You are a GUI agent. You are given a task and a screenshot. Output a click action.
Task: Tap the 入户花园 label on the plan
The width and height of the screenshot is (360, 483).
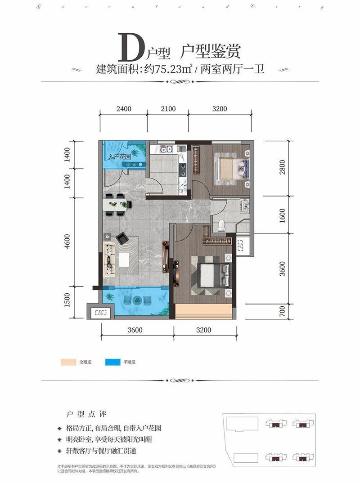coord(120,158)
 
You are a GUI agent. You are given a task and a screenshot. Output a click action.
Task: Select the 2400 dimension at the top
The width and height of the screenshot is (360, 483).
coord(123,108)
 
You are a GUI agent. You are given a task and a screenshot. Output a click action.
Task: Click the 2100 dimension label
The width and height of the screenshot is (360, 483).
coord(167,108)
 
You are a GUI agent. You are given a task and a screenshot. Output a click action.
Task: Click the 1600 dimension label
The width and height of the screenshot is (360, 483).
coord(283,215)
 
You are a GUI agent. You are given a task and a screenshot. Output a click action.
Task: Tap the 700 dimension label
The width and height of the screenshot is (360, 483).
coord(283,310)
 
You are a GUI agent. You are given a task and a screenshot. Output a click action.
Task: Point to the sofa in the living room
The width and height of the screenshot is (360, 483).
coord(109,259)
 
